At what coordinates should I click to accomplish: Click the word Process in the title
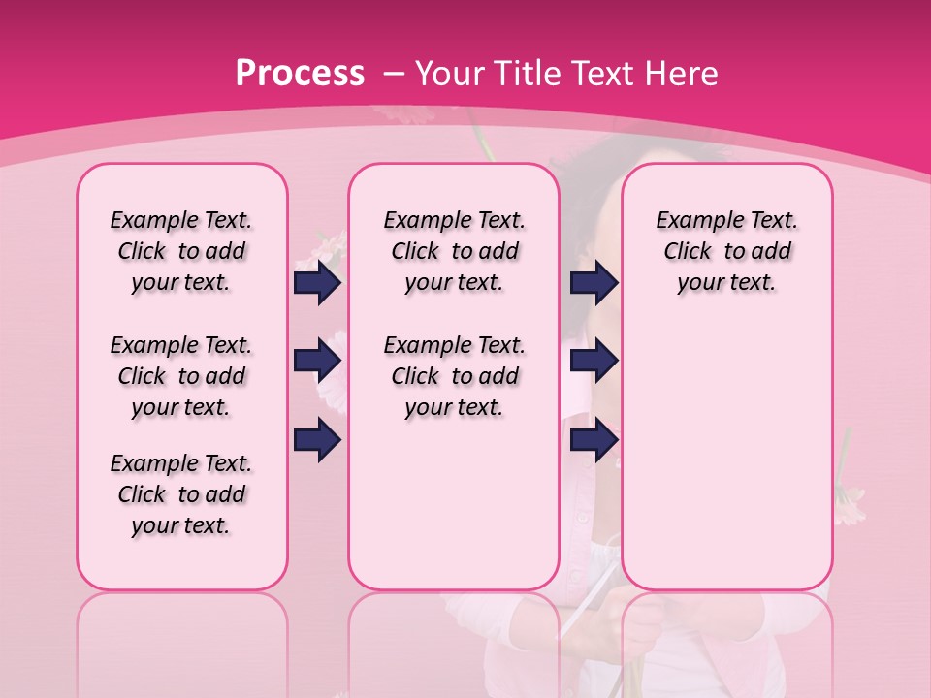coord(300,73)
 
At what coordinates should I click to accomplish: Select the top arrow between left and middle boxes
coord(317,282)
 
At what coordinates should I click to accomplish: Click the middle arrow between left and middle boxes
coord(317,362)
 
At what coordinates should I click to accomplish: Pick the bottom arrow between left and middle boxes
coord(317,440)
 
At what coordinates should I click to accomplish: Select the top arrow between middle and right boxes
coord(594,282)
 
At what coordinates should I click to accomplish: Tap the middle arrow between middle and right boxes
coord(594,362)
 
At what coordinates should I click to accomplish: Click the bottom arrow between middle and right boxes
coord(594,440)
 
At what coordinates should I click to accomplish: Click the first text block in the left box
coord(181,251)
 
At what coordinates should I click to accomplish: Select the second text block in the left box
coord(181,376)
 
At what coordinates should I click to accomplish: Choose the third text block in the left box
coord(181,494)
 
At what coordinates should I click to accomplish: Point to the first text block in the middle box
coord(454,251)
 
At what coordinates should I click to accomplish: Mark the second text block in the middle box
coord(454,376)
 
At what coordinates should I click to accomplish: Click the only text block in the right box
coord(726,251)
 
